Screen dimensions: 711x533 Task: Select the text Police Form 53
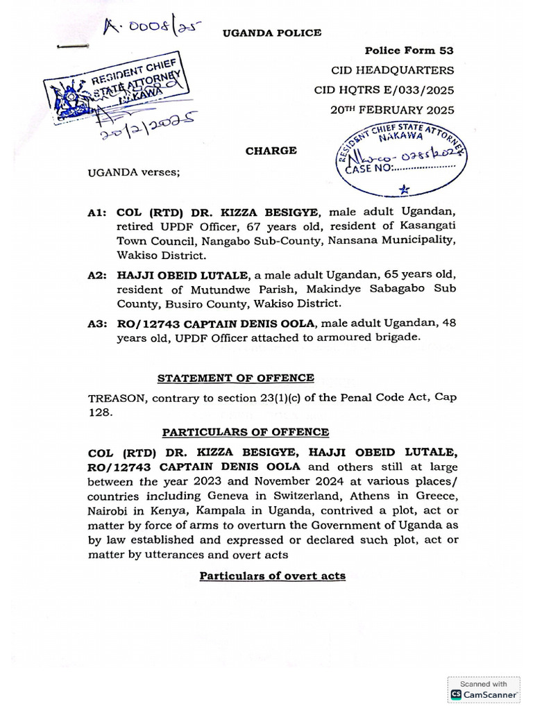pos(409,51)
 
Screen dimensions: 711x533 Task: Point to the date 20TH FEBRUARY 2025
pos(394,110)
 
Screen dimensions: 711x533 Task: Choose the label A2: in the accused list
pos(98,276)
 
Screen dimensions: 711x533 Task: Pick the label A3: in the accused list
pos(98,324)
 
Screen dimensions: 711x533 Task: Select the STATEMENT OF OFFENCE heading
pos(235,378)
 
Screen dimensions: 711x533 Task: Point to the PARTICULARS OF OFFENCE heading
pos(241,433)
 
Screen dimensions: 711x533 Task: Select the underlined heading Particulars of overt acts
pos(272,576)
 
